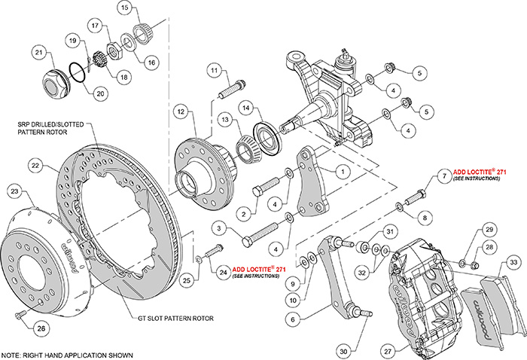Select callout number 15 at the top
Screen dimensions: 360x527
(124, 9)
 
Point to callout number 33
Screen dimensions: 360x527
(513, 262)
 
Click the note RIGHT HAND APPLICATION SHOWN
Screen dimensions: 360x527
(67, 355)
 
